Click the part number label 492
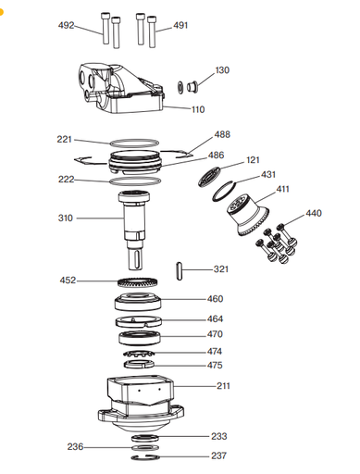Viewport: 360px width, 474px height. click(x=66, y=25)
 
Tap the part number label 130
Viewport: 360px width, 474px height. click(x=222, y=70)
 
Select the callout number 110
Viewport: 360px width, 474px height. click(x=198, y=109)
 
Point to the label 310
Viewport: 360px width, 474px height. click(x=66, y=218)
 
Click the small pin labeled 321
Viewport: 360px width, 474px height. click(x=180, y=271)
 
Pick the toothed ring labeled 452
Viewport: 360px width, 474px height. click(x=138, y=282)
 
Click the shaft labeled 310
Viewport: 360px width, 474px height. click(x=134, y=230)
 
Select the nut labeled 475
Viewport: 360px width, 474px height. click(x=139, y=364)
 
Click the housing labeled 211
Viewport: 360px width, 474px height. click(x=141, y=404)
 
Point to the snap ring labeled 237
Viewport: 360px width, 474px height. click(x=145, y=457)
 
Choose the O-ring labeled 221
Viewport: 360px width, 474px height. click(x=134, y=143)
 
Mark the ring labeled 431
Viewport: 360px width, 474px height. click(x=224, y=191)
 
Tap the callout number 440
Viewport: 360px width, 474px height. click(x=314, y=213)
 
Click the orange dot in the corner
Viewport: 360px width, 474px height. click(x=1, y=12)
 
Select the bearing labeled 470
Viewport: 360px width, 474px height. click(x=140, y=338)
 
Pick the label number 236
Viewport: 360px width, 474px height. click(x=75, y=446)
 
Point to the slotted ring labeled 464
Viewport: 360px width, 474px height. click(x=139, y=321)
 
